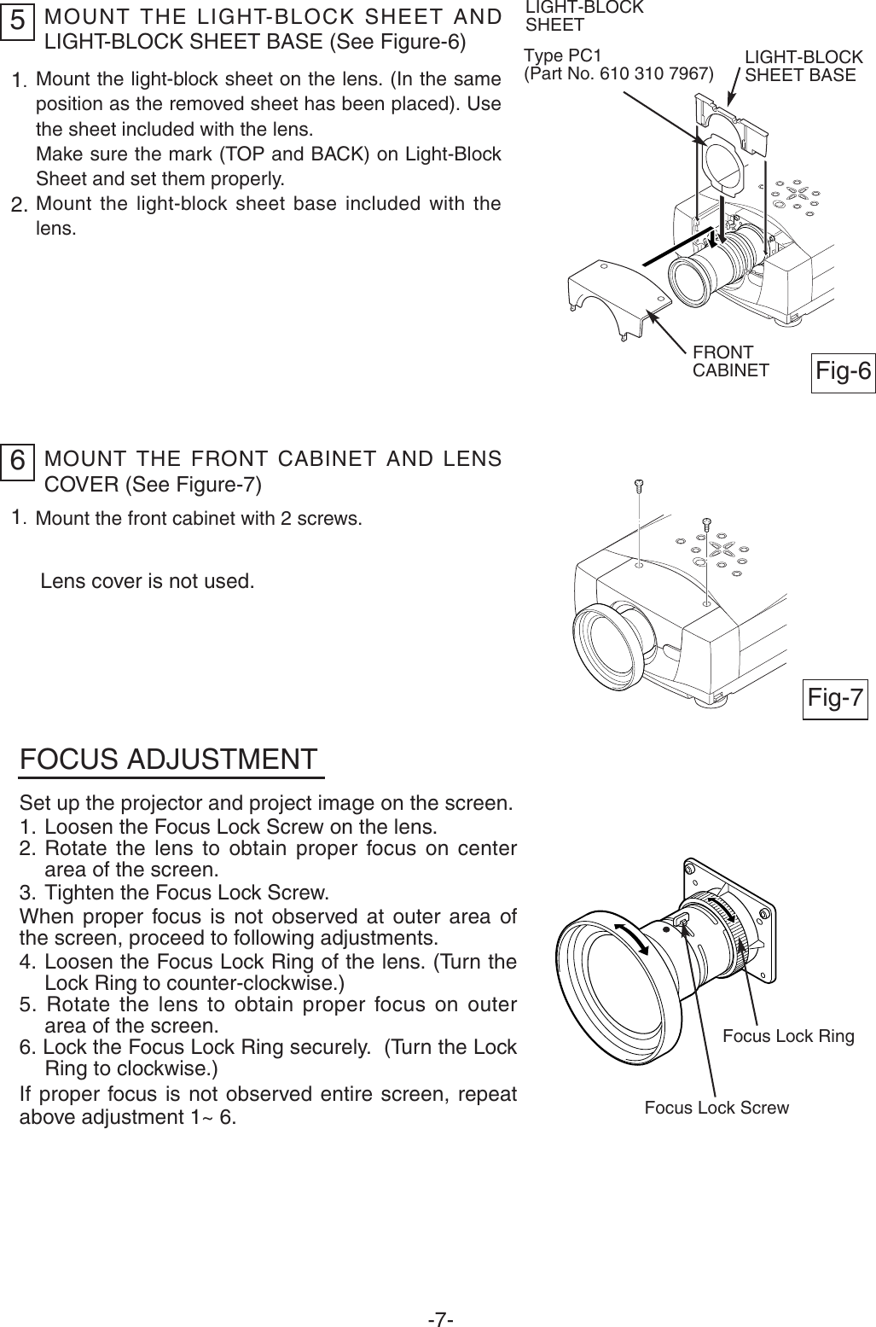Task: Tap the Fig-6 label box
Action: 843,371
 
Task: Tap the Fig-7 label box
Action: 836,698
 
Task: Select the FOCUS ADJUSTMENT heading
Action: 169,760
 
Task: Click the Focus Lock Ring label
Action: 787,1036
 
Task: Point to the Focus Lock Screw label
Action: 716,1108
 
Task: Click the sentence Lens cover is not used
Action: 148,582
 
